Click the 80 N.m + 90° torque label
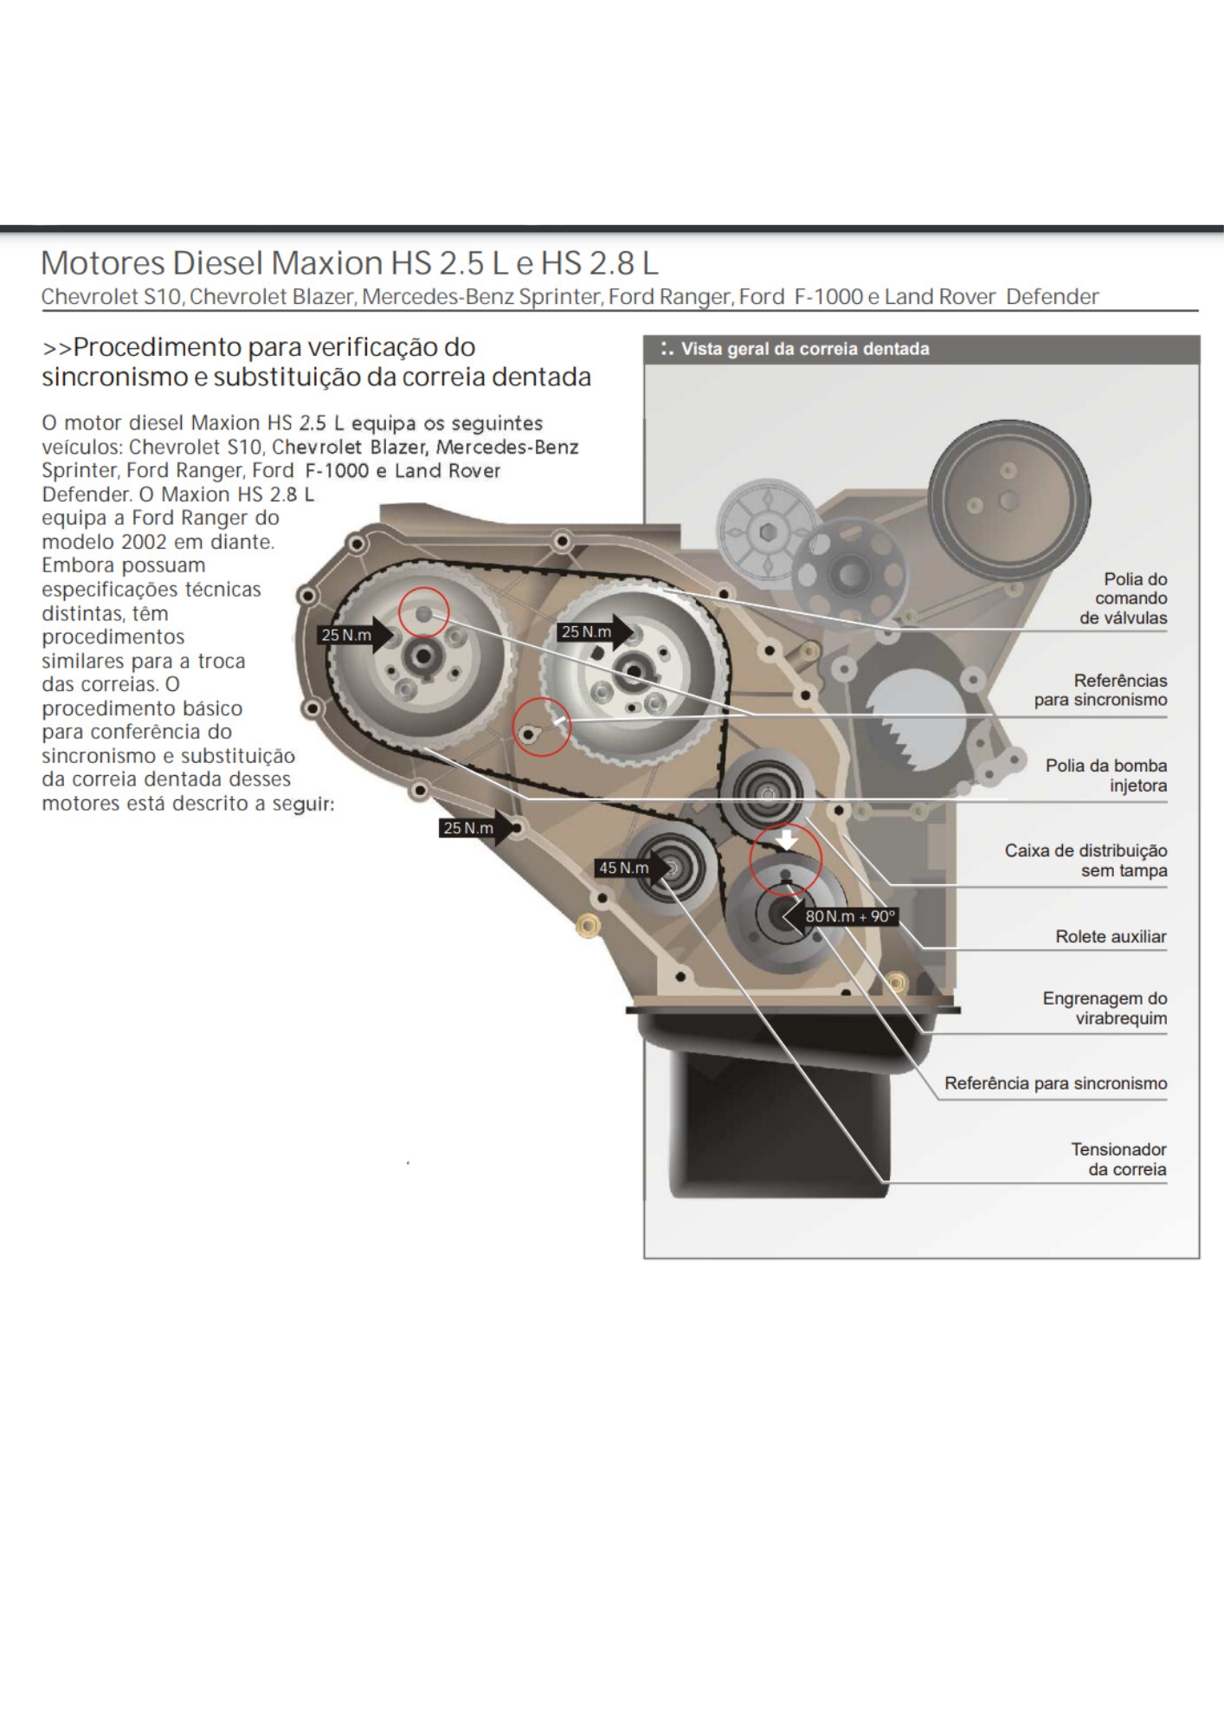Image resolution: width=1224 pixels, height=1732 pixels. coord(850,916)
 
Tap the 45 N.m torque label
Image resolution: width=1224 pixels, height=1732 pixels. coord(624,868)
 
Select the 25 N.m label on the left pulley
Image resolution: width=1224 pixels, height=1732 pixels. coord(346,635)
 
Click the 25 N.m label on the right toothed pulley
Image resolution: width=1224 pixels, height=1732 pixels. coord(586,632)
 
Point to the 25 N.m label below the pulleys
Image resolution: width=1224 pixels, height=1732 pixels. coord(468,828)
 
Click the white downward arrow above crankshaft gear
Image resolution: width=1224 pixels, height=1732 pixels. coord(786,838)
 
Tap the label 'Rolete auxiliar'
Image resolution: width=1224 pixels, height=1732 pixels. coord(1110,936)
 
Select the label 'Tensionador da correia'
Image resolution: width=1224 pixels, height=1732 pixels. coord(1118,1159)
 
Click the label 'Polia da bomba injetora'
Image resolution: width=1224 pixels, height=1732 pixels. coord(1105,775)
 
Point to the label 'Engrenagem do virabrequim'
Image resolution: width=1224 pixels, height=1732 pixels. coord(1105,1008)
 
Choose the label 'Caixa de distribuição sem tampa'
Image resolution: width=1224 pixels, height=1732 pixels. coord(1085,860)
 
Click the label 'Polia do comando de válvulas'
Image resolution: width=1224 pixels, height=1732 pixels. coord(1124,598)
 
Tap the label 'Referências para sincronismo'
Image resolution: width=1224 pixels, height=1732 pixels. coord(1101,689)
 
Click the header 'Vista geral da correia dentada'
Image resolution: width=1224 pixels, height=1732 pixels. coord(804,349)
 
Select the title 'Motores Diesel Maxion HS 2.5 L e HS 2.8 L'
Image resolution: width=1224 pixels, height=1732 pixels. coord(349,262)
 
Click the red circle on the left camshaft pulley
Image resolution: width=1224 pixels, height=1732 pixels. coord(424,612)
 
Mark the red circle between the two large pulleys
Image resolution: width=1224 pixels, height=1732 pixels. coord(541,727)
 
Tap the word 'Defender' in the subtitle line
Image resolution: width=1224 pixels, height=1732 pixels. coord(1052,297)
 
